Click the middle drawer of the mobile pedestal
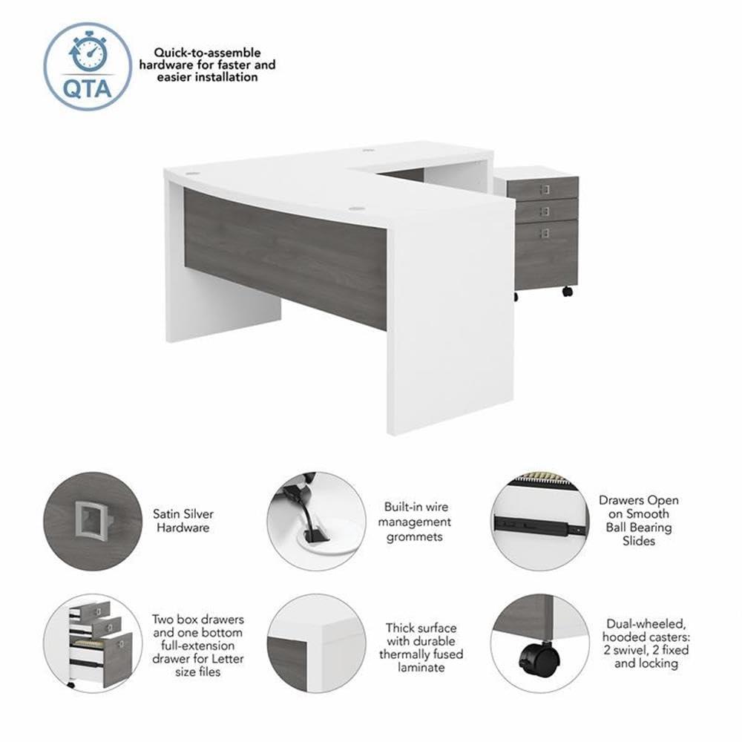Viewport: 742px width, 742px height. (x=546, y=210)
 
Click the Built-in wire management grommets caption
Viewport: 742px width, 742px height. (x=417, y=522)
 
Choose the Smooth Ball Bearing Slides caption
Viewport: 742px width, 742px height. (x=639, y=521)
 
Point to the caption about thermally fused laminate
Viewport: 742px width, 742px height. (x=421, y=648)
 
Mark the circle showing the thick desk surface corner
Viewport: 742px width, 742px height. (x=315, y=643)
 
